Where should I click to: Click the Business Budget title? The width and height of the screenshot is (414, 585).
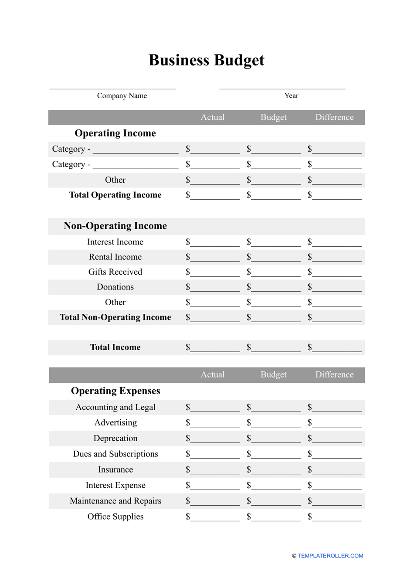pyautogui.click(x=206, y=60)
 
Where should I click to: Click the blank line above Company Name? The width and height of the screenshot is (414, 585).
pyautogui.click(x=113, y=87)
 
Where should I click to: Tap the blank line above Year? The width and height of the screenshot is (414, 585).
pyautogui.click(x=282, y=87)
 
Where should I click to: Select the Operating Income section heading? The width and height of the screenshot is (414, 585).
pyautogui.click(x=115, y=133)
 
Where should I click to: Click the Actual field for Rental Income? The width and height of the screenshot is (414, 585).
pyautogui.click(x=214, y=258)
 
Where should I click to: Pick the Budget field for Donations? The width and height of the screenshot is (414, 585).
pyautogui.click(x=275, y=288)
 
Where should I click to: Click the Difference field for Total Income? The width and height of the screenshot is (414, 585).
pyautogui.click(x=336, y=348)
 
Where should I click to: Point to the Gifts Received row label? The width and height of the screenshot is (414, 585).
pyautogui.click(x=115, y=272)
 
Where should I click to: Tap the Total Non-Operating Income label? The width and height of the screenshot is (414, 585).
pyautogui.click(x=115, y=317)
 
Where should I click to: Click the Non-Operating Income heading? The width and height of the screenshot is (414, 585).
pyautogui.click(x=115, y=226)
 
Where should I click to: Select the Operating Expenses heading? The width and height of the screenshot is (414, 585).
pyautogui.click(x=115, y=391)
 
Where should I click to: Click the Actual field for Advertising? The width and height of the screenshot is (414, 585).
pyautogui.click(x=214, y=423)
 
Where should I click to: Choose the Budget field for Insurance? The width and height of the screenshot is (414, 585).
pyautogui.click(x=275, y=470)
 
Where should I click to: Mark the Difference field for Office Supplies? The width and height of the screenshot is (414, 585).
pyautogui.click(x=336, y=517)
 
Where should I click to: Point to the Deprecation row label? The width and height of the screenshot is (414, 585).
pyautogui.click(x=115, y=439)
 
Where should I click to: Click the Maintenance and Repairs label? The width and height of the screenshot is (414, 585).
pyautogui.click(x=115, y=501)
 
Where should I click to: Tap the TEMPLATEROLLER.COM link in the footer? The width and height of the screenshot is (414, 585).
pyautogui.click(x=330, y=556)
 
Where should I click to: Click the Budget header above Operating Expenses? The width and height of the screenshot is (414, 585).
pyautogui.click(x=273, y=375)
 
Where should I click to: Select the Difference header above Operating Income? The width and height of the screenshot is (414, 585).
pyautogui.click(x=334, y=117)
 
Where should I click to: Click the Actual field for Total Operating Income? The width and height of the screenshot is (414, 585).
pyautogui.click(x=214, y=196)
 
